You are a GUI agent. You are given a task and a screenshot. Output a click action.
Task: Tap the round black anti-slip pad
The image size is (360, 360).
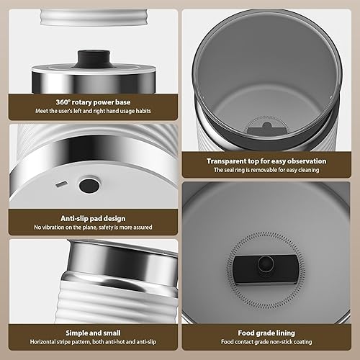tap(89, 185)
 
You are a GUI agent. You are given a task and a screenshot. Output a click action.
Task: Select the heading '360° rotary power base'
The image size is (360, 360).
tap(93, 102)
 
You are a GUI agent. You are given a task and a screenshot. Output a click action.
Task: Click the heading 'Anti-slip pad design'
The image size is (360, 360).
tap(93, 218)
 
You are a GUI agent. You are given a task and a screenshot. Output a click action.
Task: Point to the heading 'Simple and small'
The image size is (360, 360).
tap(93, 333)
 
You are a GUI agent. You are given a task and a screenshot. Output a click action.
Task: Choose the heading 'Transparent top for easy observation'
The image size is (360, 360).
tap(266, 161)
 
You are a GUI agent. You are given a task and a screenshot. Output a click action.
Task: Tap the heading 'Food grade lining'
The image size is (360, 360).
tap(266, 333)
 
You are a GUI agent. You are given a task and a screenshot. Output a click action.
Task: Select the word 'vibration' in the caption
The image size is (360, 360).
tap(53, 228)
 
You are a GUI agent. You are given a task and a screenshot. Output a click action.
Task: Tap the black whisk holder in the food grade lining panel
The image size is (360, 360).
tap(266, 269)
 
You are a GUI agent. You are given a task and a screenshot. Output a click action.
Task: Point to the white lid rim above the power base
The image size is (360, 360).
tap(94, 17)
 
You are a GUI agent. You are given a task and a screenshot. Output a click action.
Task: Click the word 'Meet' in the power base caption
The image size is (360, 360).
tap(42, 111)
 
